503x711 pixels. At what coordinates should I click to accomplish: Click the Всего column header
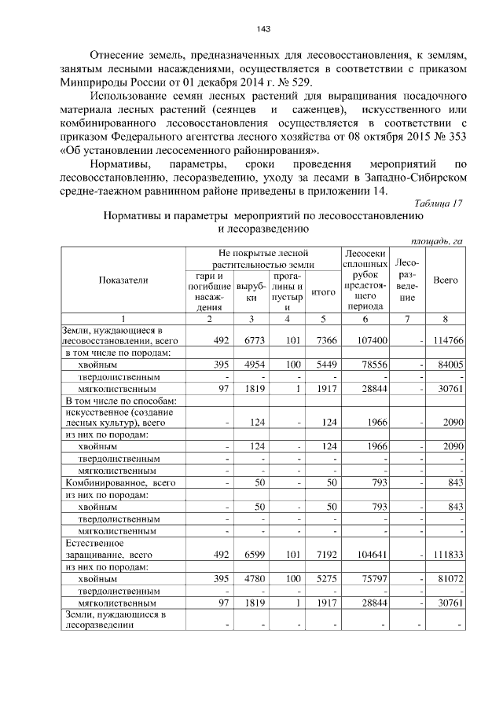[446, 280]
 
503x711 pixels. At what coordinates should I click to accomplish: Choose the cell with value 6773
[251, 341]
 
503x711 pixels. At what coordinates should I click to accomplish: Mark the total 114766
[446, 341]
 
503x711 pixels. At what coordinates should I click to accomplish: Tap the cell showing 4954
[251, 365]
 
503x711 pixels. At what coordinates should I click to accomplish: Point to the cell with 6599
[251, 555]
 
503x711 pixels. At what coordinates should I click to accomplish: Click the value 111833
[446, 555]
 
